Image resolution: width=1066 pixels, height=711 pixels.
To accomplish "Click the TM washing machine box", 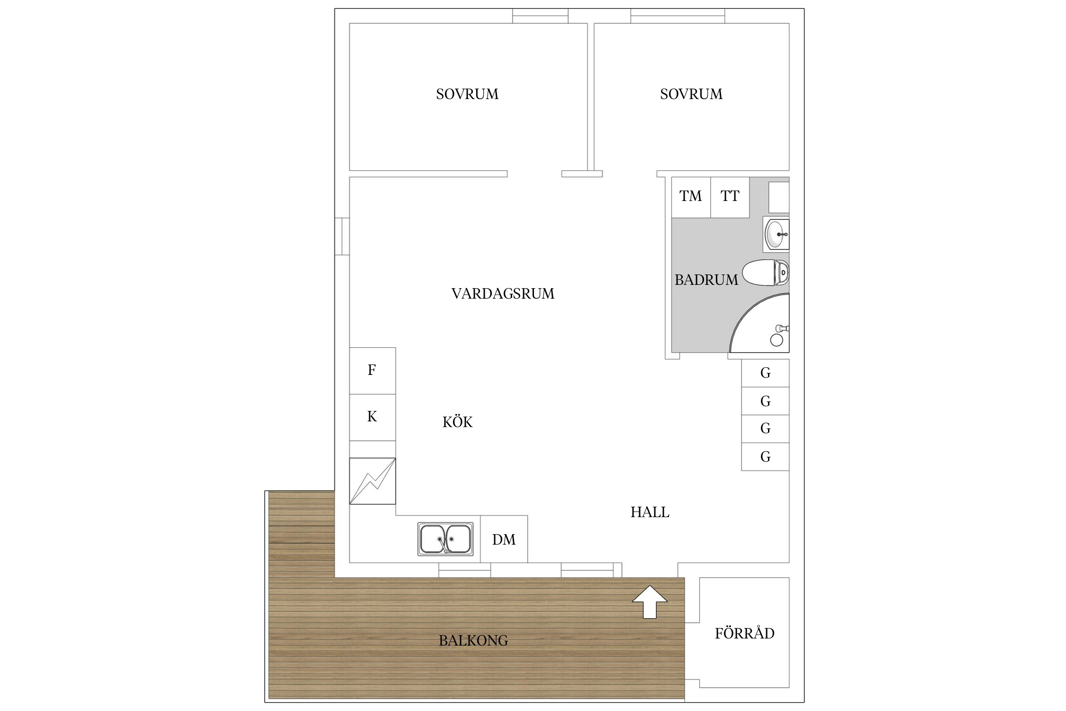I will pyautogui.click(x=691, y=197).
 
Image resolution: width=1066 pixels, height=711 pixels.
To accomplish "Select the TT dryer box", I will pyautogui.click(x=730, y=197).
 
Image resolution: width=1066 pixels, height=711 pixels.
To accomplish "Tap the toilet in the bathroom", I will pyautogui.click(x=765, y=273).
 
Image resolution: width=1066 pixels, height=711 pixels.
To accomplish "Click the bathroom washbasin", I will pyautogui.click(x=776, y=234).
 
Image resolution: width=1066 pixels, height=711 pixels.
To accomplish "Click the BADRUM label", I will pyautogui.click(x=706, y=280).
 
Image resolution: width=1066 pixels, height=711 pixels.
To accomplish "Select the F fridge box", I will pyautogui.click(x=372, y=370).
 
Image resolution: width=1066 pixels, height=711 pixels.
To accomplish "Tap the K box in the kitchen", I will pyautogui.click(x=372, y=417).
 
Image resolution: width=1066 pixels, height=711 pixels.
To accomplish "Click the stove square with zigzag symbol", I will pyautogui.click(x=372, y=481).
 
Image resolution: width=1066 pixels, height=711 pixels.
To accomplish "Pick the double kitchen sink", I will pyautogui.click(x=445, y=539).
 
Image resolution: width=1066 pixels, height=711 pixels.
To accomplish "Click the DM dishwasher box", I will pyautogui.click(x=504, y=539).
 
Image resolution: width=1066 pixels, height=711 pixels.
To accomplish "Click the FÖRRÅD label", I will pyautogui.click(x=744, y=634).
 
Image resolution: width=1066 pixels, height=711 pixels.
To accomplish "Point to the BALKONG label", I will pyautogui.click(x=473, y=641).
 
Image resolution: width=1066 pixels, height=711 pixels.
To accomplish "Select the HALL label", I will pyautogui.click(x=650, y=512).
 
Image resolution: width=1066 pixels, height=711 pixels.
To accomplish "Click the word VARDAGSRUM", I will pyautogui.click(x=503, y=294).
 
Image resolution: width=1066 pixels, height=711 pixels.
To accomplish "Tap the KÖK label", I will pyautogui.click(x=457, y=422).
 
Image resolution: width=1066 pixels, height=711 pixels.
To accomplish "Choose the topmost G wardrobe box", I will pyautogui.click(x=765, y=373).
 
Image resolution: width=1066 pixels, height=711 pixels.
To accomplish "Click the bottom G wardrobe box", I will pyautogui.click(x=765, y=457).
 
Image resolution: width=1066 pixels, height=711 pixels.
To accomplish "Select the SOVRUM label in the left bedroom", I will pyautogui.click(x=467, y=94).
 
